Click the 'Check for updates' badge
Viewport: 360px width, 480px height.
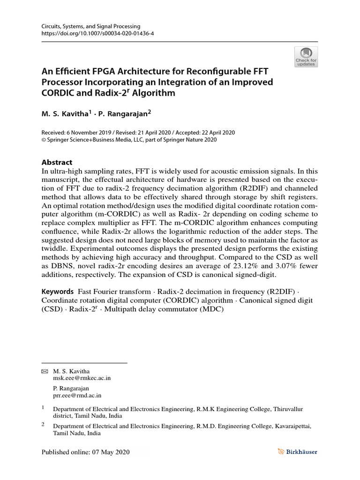(306, 56)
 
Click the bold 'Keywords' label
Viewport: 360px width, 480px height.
(58, 291)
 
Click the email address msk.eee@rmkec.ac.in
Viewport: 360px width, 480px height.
(82, 377)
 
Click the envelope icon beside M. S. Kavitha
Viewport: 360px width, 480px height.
(45, 371)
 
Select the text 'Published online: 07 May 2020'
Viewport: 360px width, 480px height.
(85, 452)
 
